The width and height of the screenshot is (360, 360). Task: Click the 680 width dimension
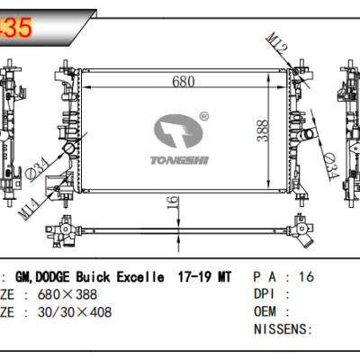point(184,82)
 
